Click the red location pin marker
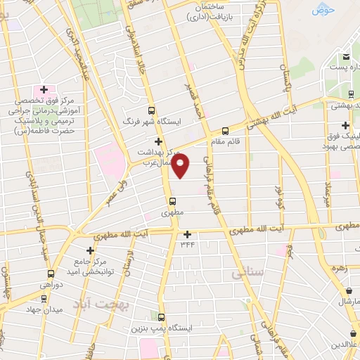click(x=181, y=167)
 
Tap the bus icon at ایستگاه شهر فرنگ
click(x=151, y=110)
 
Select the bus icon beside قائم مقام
click(x=225, y=130)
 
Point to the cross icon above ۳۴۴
click(x=187, y=234)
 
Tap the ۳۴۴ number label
click(x=187, y=244)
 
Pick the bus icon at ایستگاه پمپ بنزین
click(x=162, y=317)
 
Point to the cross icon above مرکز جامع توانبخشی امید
click(x=91, y=250)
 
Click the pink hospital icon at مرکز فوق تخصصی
click(x=44, y=90)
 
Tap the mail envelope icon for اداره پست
click(x=346, y=58)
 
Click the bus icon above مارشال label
click(x=349, y=290)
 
